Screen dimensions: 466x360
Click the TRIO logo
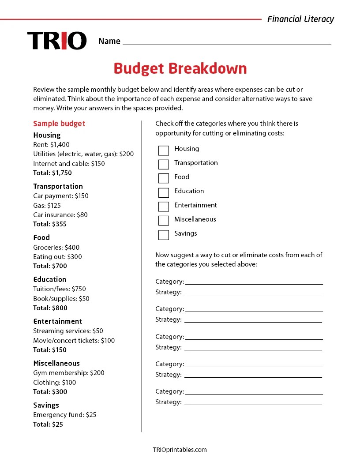(57, 41)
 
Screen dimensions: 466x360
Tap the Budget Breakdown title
(180, 69)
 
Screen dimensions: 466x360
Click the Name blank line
(227, 41)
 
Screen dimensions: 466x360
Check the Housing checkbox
(164, 150)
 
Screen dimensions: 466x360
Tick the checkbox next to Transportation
(164, 165)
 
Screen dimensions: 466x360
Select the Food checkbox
(164, 178)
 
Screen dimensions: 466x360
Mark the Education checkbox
(164, 192)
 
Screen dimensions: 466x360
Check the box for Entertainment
(164, 207)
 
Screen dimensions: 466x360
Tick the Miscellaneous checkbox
(164, 221)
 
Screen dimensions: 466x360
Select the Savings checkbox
(164, 235)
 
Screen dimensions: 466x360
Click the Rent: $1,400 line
(51, 145)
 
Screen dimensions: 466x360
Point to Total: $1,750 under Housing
(52, 173)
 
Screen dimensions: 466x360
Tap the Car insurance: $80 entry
(60, 215)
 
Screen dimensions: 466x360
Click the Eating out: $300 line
(57, 257)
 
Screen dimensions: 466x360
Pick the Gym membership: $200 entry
(69, 373)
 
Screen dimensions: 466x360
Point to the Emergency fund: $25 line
(64, 415)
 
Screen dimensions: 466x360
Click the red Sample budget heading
(59, 124)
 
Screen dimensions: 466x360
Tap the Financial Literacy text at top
(300, 19)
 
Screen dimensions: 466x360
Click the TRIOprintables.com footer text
(180, 450)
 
